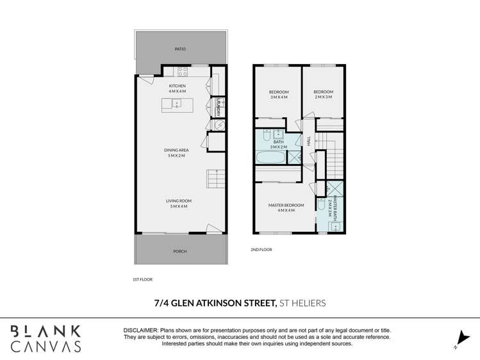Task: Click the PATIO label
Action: pos(180,49)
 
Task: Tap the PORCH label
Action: pos(180,251)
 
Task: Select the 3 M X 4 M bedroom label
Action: pos(278,94)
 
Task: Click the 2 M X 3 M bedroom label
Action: pos(323,94)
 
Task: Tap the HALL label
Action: pos(308,142)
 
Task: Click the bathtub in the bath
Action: pos(270,156)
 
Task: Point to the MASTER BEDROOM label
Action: pos(286,208)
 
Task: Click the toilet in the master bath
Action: pos(322,204)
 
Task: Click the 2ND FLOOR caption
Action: pos(261,249)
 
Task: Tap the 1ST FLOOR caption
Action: pos(142,279)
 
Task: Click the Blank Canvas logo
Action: pos(45,338)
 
